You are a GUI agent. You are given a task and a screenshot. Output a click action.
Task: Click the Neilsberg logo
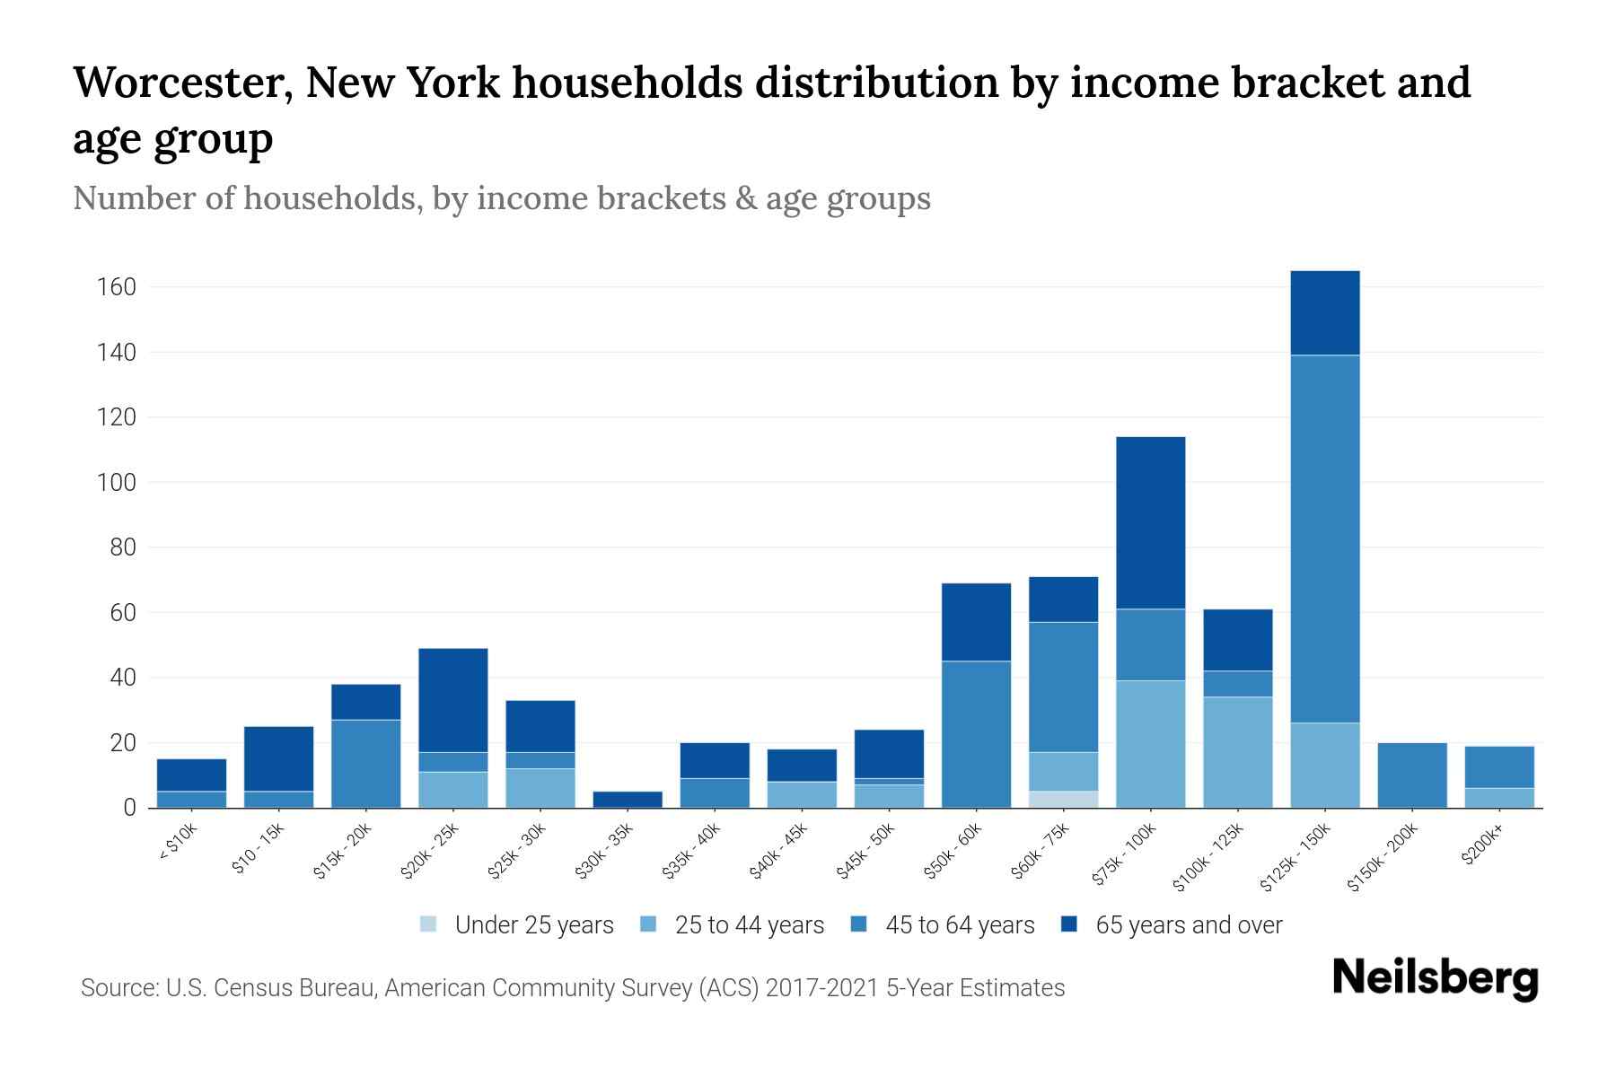pyautogui.click(x=1435, y=978)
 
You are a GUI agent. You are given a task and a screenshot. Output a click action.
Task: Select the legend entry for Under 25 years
pyautogui.click(x=517, y=925)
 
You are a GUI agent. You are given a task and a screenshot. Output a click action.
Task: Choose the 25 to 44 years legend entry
pyautogui.click(x=732, y=925)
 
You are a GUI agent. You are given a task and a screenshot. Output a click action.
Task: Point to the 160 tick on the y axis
pyautogui.click(x=117, y=287)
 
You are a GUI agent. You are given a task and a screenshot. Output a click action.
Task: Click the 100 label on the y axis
pyautogui.click(x=117, y=483)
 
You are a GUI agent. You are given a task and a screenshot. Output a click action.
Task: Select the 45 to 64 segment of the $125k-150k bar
pyautogui.click(x=1325, y=538)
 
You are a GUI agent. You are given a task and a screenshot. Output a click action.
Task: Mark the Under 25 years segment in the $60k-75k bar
pyautogui.click(x=1063, y=799)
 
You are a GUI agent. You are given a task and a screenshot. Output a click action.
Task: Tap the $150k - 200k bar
pyautogui.click(x=1412, y=775)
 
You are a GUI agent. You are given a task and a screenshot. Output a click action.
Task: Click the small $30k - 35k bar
pyautogui.click(x=628, y=799)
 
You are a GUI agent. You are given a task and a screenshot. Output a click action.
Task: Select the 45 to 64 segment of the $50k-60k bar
pyautogui.click(x=976, y=734)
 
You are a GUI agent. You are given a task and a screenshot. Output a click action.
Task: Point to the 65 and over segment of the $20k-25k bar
pyautogui.click(x=452, y=700)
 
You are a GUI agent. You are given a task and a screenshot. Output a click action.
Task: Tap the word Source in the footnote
pyautogui.click(x=117, y=988)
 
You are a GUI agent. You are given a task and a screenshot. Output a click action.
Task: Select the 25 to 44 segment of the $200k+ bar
pyautogui.click(x=1499, y=798)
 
